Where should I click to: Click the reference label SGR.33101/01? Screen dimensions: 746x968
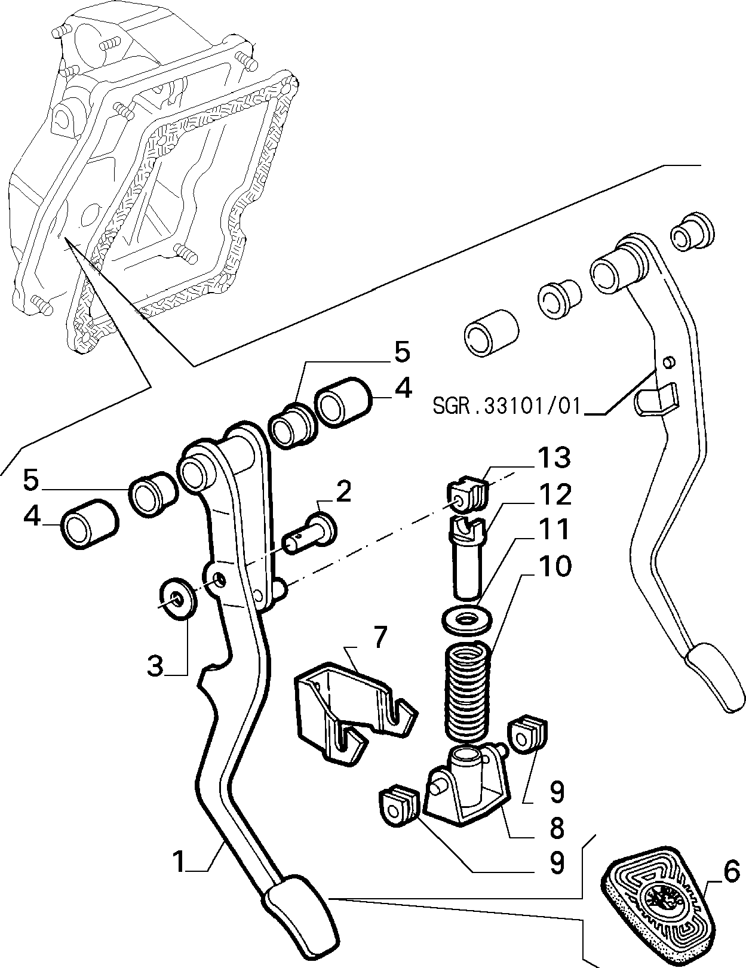507,406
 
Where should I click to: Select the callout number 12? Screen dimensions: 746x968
554,494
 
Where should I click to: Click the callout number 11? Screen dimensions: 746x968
554,529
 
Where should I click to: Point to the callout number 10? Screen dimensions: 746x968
554,566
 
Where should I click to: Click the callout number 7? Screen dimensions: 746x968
379,637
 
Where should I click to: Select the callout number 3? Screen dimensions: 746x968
155,678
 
